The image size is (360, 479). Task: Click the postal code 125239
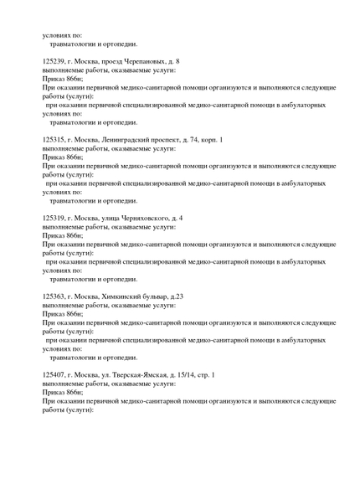tap(54, 61)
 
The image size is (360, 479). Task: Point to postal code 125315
tap(54, 139)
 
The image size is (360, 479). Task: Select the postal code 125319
tap(54, 218)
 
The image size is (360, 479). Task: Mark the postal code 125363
tap(54, 296)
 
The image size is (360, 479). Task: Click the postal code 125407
tap(54, 374)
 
